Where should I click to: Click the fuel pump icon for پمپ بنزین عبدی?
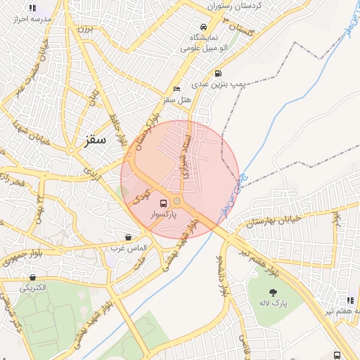point(218,73)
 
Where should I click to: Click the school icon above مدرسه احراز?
point(32,8)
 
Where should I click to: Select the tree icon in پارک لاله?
point(273,292)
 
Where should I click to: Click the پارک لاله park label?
point(272,304)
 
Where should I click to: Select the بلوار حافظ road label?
point(116,127)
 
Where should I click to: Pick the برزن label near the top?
point(84,30)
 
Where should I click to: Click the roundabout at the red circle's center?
point(177,201)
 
